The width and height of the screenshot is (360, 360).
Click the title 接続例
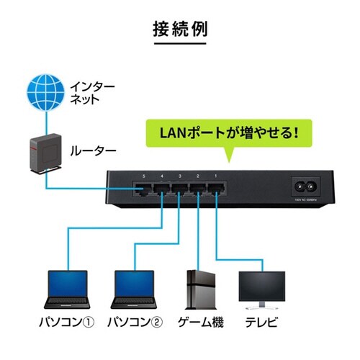click(180, 30)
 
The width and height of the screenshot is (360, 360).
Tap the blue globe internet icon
click(42, 94)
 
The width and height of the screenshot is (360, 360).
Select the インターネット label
click(91, 94)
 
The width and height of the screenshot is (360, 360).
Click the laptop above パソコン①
click(66, 289)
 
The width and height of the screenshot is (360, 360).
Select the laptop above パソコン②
click(135, 289)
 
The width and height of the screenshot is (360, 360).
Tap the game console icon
click(199, 289)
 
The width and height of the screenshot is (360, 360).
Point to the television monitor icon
click(261, 287)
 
